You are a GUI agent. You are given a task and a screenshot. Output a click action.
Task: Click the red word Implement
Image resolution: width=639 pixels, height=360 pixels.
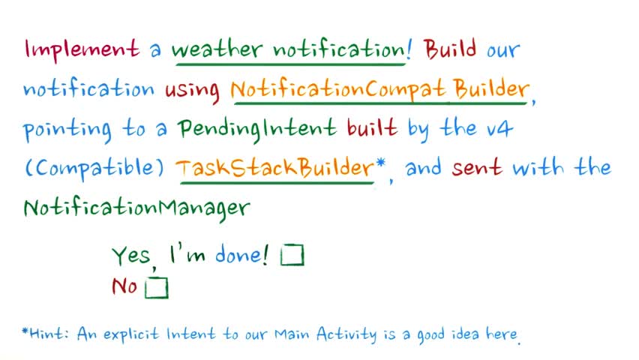(x=82, y=49)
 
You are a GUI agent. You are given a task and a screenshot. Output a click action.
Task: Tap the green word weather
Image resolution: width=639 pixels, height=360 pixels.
(x=216, y=49)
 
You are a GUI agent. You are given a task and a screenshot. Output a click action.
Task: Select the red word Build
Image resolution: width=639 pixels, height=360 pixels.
(x=450, y=49)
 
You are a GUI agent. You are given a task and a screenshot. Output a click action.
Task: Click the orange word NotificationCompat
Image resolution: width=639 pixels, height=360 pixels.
(x=337, y=88)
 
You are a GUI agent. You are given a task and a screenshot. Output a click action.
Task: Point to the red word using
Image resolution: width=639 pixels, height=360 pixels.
(x=192, y=91)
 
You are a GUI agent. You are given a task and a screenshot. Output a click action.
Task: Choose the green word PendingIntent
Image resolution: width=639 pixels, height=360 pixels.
(x=257, y=129)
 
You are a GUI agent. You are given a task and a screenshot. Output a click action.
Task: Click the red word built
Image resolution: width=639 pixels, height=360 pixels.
(x=372, y=127)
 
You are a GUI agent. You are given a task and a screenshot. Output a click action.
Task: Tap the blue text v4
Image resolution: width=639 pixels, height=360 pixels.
(x=499, y=129)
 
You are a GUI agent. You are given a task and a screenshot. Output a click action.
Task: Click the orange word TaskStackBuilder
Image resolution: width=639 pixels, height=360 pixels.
(x=274, y=167)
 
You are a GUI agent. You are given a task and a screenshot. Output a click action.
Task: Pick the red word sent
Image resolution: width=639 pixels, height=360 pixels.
(x=476, y=167)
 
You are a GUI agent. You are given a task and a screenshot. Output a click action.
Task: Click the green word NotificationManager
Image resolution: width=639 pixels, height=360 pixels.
(x=136, y=208)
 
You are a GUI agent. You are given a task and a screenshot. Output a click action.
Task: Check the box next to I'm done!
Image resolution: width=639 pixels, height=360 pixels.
(x=292, y=255)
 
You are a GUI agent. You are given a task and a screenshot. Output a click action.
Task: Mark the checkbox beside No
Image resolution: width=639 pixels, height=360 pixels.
(x=157, y=287)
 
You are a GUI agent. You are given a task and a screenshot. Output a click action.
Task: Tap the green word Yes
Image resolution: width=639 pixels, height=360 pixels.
(x=131, y=256)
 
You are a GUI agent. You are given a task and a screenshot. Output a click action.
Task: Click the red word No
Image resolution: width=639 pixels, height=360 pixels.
(x=124, y=286)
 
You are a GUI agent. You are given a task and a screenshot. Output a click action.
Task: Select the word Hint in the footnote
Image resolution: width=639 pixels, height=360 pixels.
(x=46, y=334)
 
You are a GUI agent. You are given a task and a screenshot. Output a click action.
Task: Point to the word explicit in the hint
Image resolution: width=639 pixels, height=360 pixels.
(x=130, y=334)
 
